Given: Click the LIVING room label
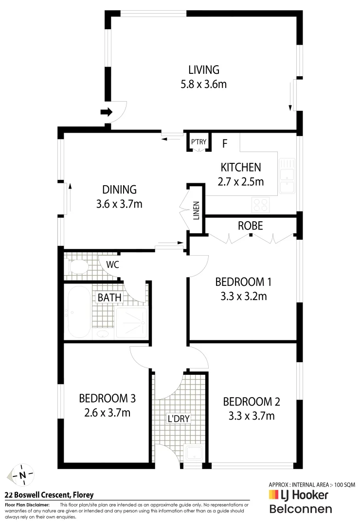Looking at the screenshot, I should [x=203, y=70].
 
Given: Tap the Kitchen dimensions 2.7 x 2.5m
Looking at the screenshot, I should [x=241, y=182].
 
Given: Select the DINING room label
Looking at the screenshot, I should [x=119, y=190].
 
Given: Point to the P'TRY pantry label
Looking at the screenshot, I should [x=198, y=142].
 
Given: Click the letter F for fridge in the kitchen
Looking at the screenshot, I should [x=225, y=144].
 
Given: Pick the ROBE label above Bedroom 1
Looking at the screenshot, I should [x=251, y=226].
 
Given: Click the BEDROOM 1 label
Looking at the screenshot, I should [x=243, y=281].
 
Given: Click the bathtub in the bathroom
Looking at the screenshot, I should [x=78, y=312].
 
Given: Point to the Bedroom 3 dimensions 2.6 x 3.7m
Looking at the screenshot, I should [x=107, y=413].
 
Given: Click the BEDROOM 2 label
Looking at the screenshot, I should [x=252, y=402].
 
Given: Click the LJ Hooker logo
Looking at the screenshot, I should [x=299, y=495].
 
